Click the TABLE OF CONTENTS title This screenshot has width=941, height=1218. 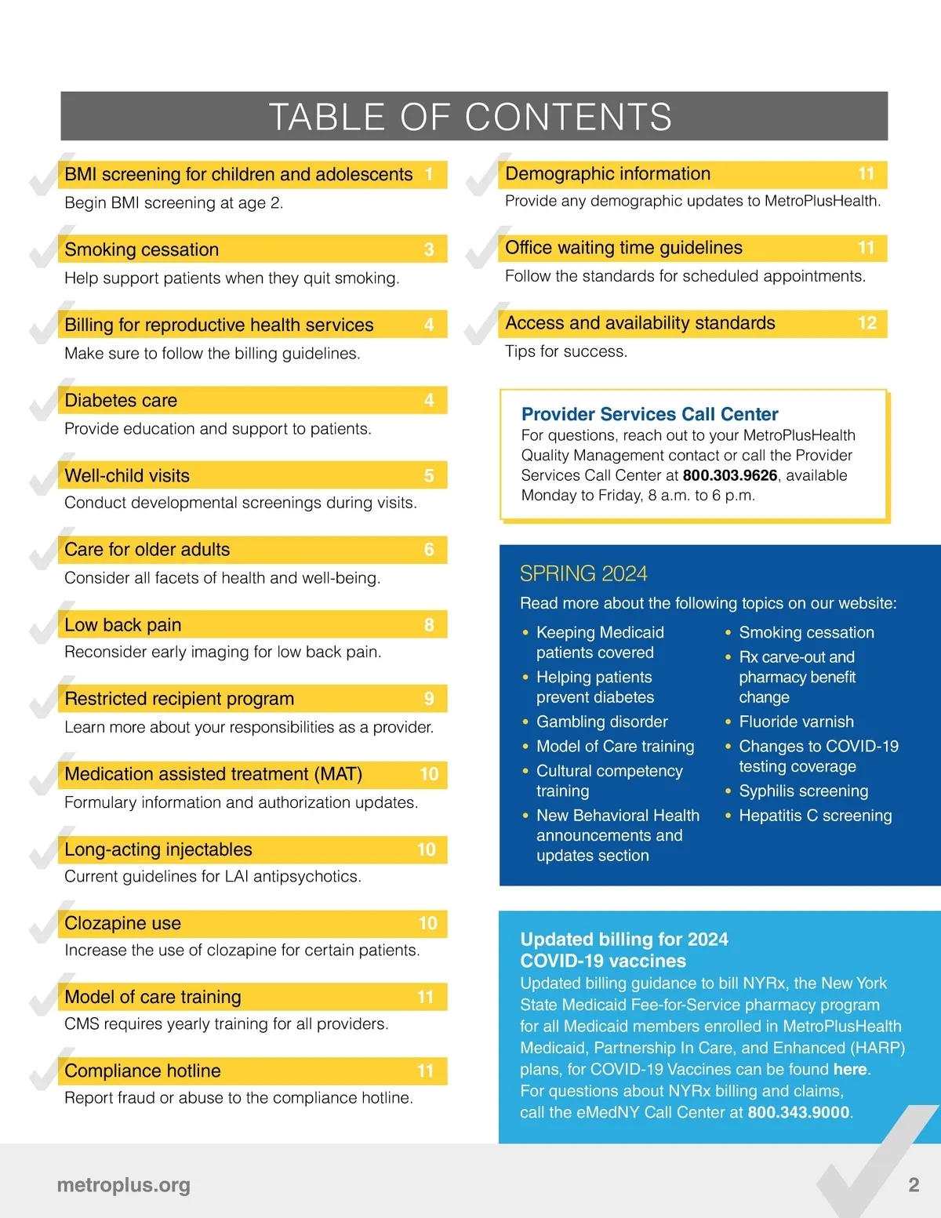[x=470, y=117]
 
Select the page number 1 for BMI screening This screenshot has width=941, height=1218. [x=429, y=174]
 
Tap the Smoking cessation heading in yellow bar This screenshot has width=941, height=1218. [x=142, y=249]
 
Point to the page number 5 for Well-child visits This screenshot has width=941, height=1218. [x=429, y=476]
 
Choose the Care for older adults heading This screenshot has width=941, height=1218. [x=147, y=550]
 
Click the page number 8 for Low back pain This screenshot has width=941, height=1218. [x=429, y=625]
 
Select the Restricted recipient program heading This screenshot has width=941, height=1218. [x=180, y=699]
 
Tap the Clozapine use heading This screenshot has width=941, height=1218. [x=123, y=923]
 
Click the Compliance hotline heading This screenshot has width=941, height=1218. [x=143, y=1071]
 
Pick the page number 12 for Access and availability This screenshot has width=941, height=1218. [x=867, y=323]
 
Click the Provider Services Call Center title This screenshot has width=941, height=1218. [x=650, y=414]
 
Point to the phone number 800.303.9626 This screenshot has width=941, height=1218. [x=730, y=475]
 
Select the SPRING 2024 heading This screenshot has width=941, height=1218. [x=583, y=573]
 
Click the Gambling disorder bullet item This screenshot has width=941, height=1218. [x=602, y=722]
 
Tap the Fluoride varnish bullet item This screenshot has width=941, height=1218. [x=796, y=722]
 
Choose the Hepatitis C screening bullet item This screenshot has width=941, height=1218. [x=816, y=816]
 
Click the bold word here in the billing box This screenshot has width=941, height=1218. [x=850, y=1069]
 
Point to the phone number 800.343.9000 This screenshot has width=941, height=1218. [x=798, y=1112]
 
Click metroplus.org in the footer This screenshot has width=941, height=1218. [x=124, y=1185]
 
